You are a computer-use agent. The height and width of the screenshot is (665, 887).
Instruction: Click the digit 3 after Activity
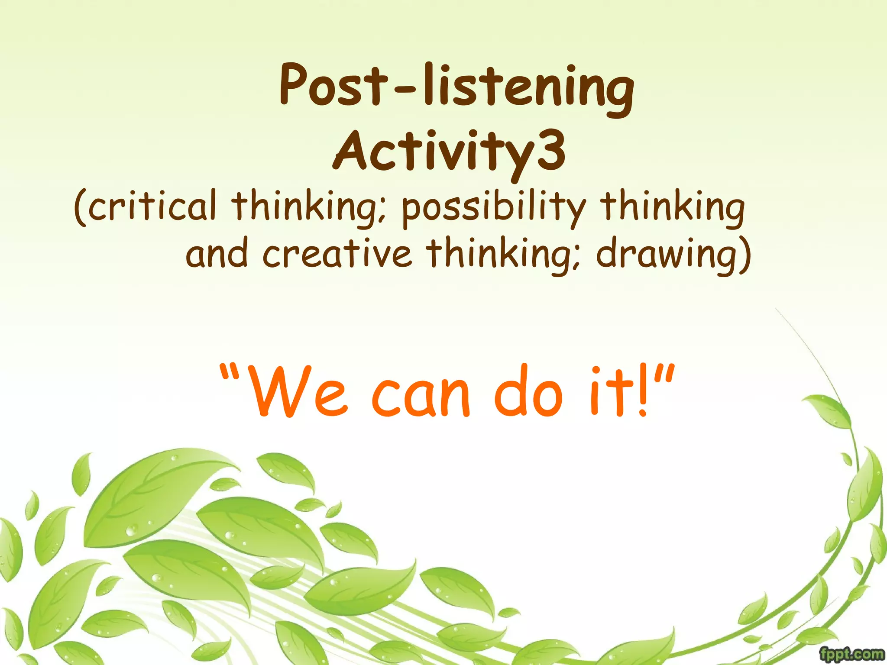[x=550, y=152]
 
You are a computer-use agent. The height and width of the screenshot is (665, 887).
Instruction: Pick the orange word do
[x=528, y=392]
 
